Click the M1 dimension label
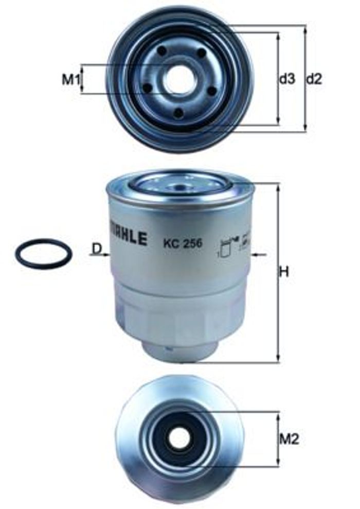click(x=70, y=79)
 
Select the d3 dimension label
click(x=287, y=79)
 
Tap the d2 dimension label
click(x=314, y=79)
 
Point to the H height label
click(x=284, y=272)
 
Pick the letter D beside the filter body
click(x=97, y=249)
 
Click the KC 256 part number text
click(x=183, y=243)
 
